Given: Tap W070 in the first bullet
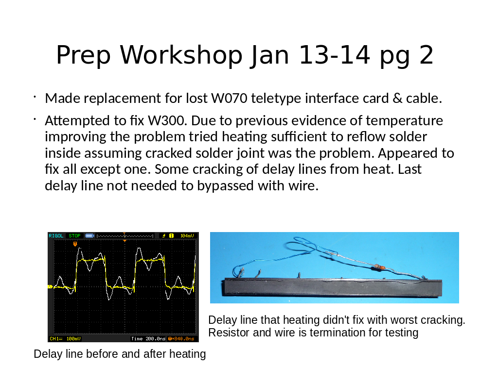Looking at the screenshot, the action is click(230, 98).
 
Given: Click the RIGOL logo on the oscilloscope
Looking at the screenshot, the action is click(56, 236).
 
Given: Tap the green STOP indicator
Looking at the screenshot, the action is click(74, 236).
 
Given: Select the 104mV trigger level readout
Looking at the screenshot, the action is click(187, 236).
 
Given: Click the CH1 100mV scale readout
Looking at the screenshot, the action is click(65, 339).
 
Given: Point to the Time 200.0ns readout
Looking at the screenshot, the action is click(148, 339).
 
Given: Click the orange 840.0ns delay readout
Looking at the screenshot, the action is click(181, 339).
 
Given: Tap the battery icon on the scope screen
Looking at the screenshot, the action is click(90, 236).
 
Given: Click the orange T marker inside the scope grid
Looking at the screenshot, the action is click(75, 244).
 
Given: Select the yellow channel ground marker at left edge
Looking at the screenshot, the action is click(50, 286).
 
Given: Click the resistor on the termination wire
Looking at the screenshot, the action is click(379, 267).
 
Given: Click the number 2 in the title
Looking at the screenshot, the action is click(426, 55).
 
